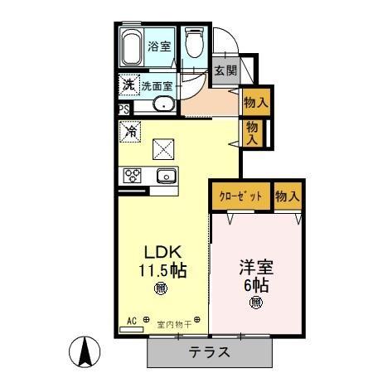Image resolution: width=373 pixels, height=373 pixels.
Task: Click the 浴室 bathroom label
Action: (x=160, y=47)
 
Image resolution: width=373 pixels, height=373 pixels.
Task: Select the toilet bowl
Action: (x=194, y=43)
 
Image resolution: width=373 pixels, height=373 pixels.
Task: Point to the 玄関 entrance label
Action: (x=225, y=71)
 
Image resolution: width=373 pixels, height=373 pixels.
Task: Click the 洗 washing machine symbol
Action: (x=128, y=84)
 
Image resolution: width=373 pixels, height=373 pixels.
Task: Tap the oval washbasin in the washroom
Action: (x=163, y=104)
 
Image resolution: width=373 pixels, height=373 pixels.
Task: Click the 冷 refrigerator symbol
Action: (x=130, y=129)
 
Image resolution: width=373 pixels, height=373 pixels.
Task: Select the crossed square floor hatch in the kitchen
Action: (x=163, y=148)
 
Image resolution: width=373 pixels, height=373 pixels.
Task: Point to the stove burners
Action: (x=133, y=175)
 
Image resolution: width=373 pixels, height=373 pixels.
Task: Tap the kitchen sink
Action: (x=164, y=176)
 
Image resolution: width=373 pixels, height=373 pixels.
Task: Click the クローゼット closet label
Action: (x=240, y=196)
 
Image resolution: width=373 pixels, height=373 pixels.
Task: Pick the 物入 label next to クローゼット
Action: (x=287, y=196)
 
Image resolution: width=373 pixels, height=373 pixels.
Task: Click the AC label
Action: (x=132, y=320)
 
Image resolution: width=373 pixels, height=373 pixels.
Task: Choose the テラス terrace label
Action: (x=210, y=351)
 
